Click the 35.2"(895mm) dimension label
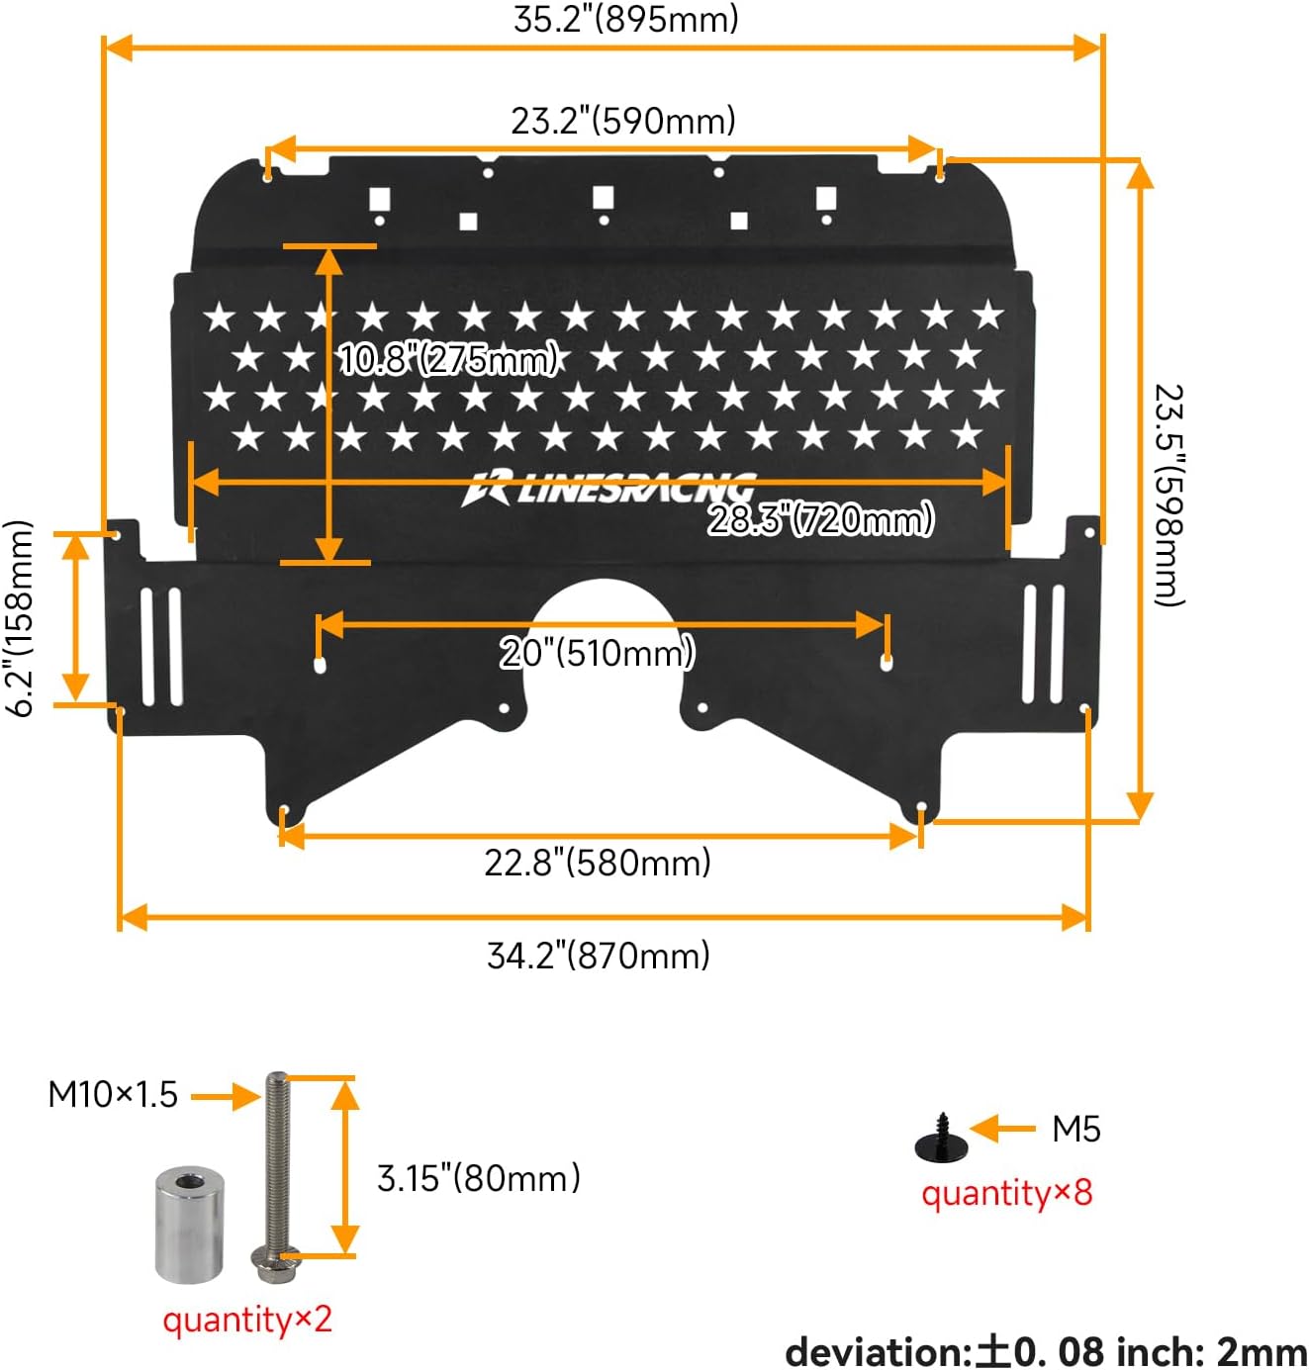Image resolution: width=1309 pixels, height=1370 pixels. (625, 20)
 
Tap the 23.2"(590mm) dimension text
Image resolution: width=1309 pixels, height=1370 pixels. (623, 121)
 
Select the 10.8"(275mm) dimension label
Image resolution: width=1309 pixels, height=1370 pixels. (449, 358)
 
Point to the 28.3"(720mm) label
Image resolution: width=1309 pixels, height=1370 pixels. (820, 518)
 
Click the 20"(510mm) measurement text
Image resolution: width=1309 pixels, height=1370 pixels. (598, 653)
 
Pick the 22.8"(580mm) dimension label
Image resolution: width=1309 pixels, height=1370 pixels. (598, 863)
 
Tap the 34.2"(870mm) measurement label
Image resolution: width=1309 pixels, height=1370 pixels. (599, 956)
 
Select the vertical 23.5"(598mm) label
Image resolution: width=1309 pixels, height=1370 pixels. (1169, 495)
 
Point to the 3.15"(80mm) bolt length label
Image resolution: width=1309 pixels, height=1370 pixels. (479, 1178)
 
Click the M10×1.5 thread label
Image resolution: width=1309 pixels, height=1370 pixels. (113, 1095)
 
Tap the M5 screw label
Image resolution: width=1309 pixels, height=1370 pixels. (1075, 1129)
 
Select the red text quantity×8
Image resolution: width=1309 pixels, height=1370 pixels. (1007, 1193)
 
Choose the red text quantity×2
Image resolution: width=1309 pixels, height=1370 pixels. (247, 1320)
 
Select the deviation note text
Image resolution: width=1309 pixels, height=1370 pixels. (1046, 1351)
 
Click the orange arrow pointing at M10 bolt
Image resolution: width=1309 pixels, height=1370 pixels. (225, 1096)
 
